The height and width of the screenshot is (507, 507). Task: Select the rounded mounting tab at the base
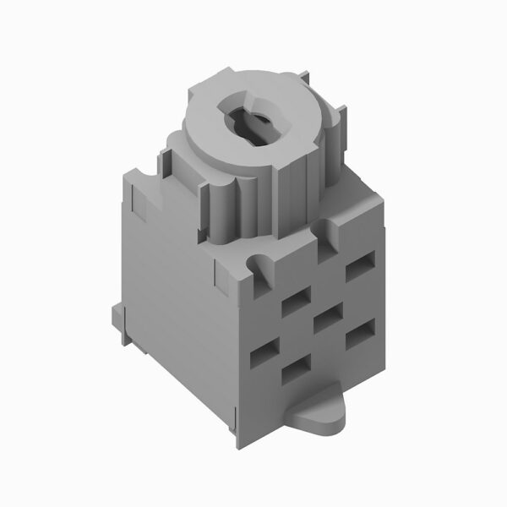point(322,415)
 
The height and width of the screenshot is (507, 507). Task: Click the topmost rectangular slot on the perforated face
point(360,269)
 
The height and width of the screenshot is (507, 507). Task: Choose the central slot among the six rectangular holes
point(326,319)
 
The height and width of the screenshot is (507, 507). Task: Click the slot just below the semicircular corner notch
point(295,299)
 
